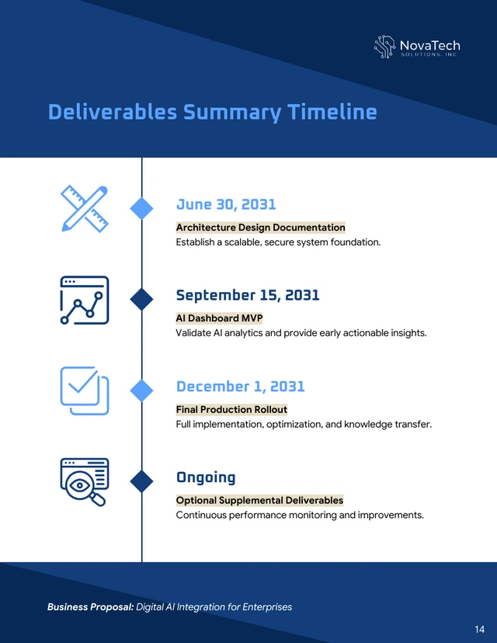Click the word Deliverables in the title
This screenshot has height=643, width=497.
(112, 113)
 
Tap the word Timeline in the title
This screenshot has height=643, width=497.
(332, 113)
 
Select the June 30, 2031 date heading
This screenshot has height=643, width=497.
(226, 204)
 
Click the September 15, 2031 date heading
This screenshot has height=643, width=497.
(248, 295)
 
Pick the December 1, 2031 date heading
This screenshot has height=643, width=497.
(240, 387)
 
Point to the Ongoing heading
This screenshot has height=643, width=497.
(206, 478)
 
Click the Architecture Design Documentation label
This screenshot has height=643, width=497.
(260, 228)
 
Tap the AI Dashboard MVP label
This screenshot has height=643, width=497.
(219, 318)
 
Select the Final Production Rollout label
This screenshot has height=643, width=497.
(231, 409)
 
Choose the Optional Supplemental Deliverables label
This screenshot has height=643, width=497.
(259, 500)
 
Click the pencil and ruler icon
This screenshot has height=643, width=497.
(84, 208)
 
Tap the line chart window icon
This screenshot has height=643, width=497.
(84, 300)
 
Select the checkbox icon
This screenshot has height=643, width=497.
(84, 391)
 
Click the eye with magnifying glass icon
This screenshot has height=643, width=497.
(84, 481)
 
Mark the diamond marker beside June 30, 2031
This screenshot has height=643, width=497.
(141, 207)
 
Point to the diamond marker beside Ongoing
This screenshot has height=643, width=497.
(141, 481)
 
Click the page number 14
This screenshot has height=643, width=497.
(479, 628)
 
